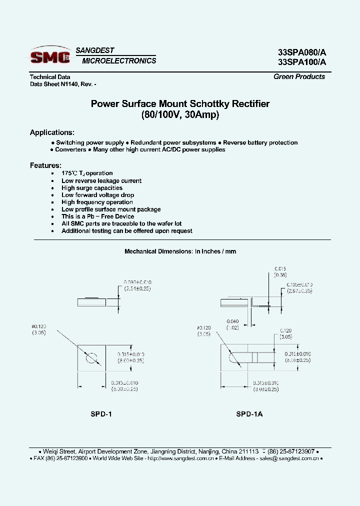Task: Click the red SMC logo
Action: point(50,57)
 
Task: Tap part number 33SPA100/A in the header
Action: point(302,62)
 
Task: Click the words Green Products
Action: point(299,76)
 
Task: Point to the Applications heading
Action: point(52,132)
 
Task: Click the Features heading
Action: point(45,165)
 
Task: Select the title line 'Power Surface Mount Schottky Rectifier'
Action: point(180,104)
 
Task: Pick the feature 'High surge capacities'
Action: point(92,188)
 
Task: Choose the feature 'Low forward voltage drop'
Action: point(97,195)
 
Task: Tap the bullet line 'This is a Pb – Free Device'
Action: point(97,216)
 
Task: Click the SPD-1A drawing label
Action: point(249,414)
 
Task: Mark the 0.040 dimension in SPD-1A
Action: point(232,321)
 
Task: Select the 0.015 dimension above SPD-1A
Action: point(279,269)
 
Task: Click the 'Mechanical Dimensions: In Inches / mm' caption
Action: point(180,251)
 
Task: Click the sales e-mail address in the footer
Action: point(292,458)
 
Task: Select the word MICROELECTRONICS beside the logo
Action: point(119,61)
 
